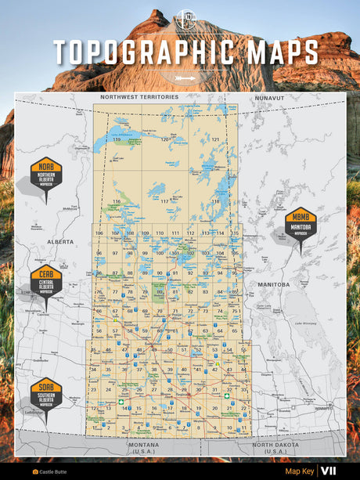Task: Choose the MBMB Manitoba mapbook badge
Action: (301, 226)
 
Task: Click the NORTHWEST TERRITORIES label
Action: (139, 97)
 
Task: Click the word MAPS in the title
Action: (280, 52)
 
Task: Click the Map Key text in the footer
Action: (299, 471)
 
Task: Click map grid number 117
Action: (164, 201)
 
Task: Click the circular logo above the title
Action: (185, 18)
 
